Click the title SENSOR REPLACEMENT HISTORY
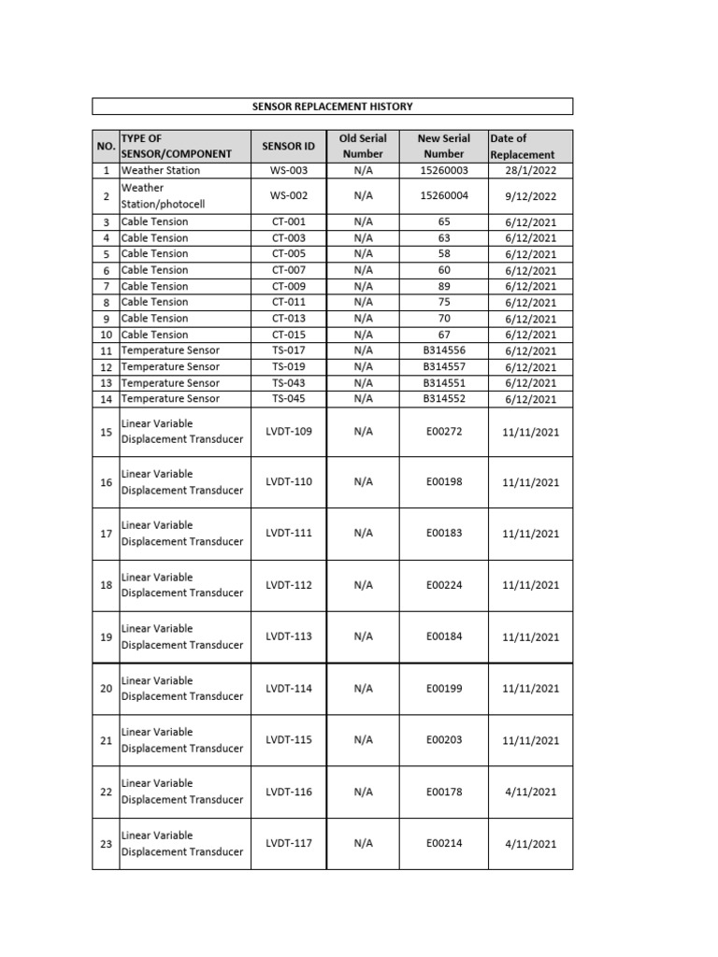pos(332,107)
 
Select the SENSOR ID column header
pos(289,147)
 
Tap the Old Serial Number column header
pos(363,146)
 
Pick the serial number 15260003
pos(443,171)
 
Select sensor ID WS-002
pos(289,196)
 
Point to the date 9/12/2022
pos(530,196)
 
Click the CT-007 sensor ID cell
pos(289,270)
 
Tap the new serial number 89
pos(443,286)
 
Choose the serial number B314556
pos(443,350)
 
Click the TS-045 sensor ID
pos(289,399)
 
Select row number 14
pos(106,399)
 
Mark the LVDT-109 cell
pos(289,431)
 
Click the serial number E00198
pos(443,482)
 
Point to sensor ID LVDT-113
pos(289,636)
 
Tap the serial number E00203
pos(443,740)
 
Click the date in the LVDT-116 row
pos(530,792)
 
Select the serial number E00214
pos(443,843)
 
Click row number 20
pos(106,689)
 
